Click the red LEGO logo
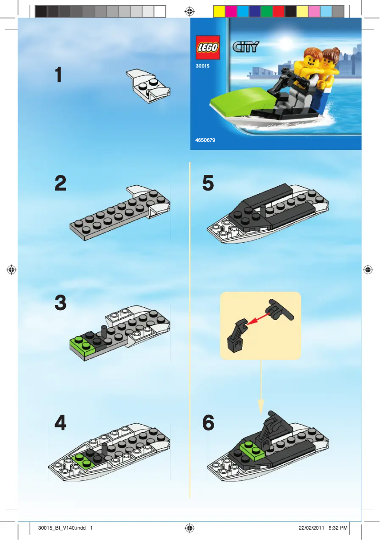208,48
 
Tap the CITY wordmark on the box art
246,47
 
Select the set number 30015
202,66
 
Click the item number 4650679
205,140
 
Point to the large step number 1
59,75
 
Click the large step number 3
60,303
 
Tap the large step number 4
60,423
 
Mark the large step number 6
208,423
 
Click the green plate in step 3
81,343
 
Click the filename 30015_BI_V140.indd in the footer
62,528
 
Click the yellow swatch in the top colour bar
219,11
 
